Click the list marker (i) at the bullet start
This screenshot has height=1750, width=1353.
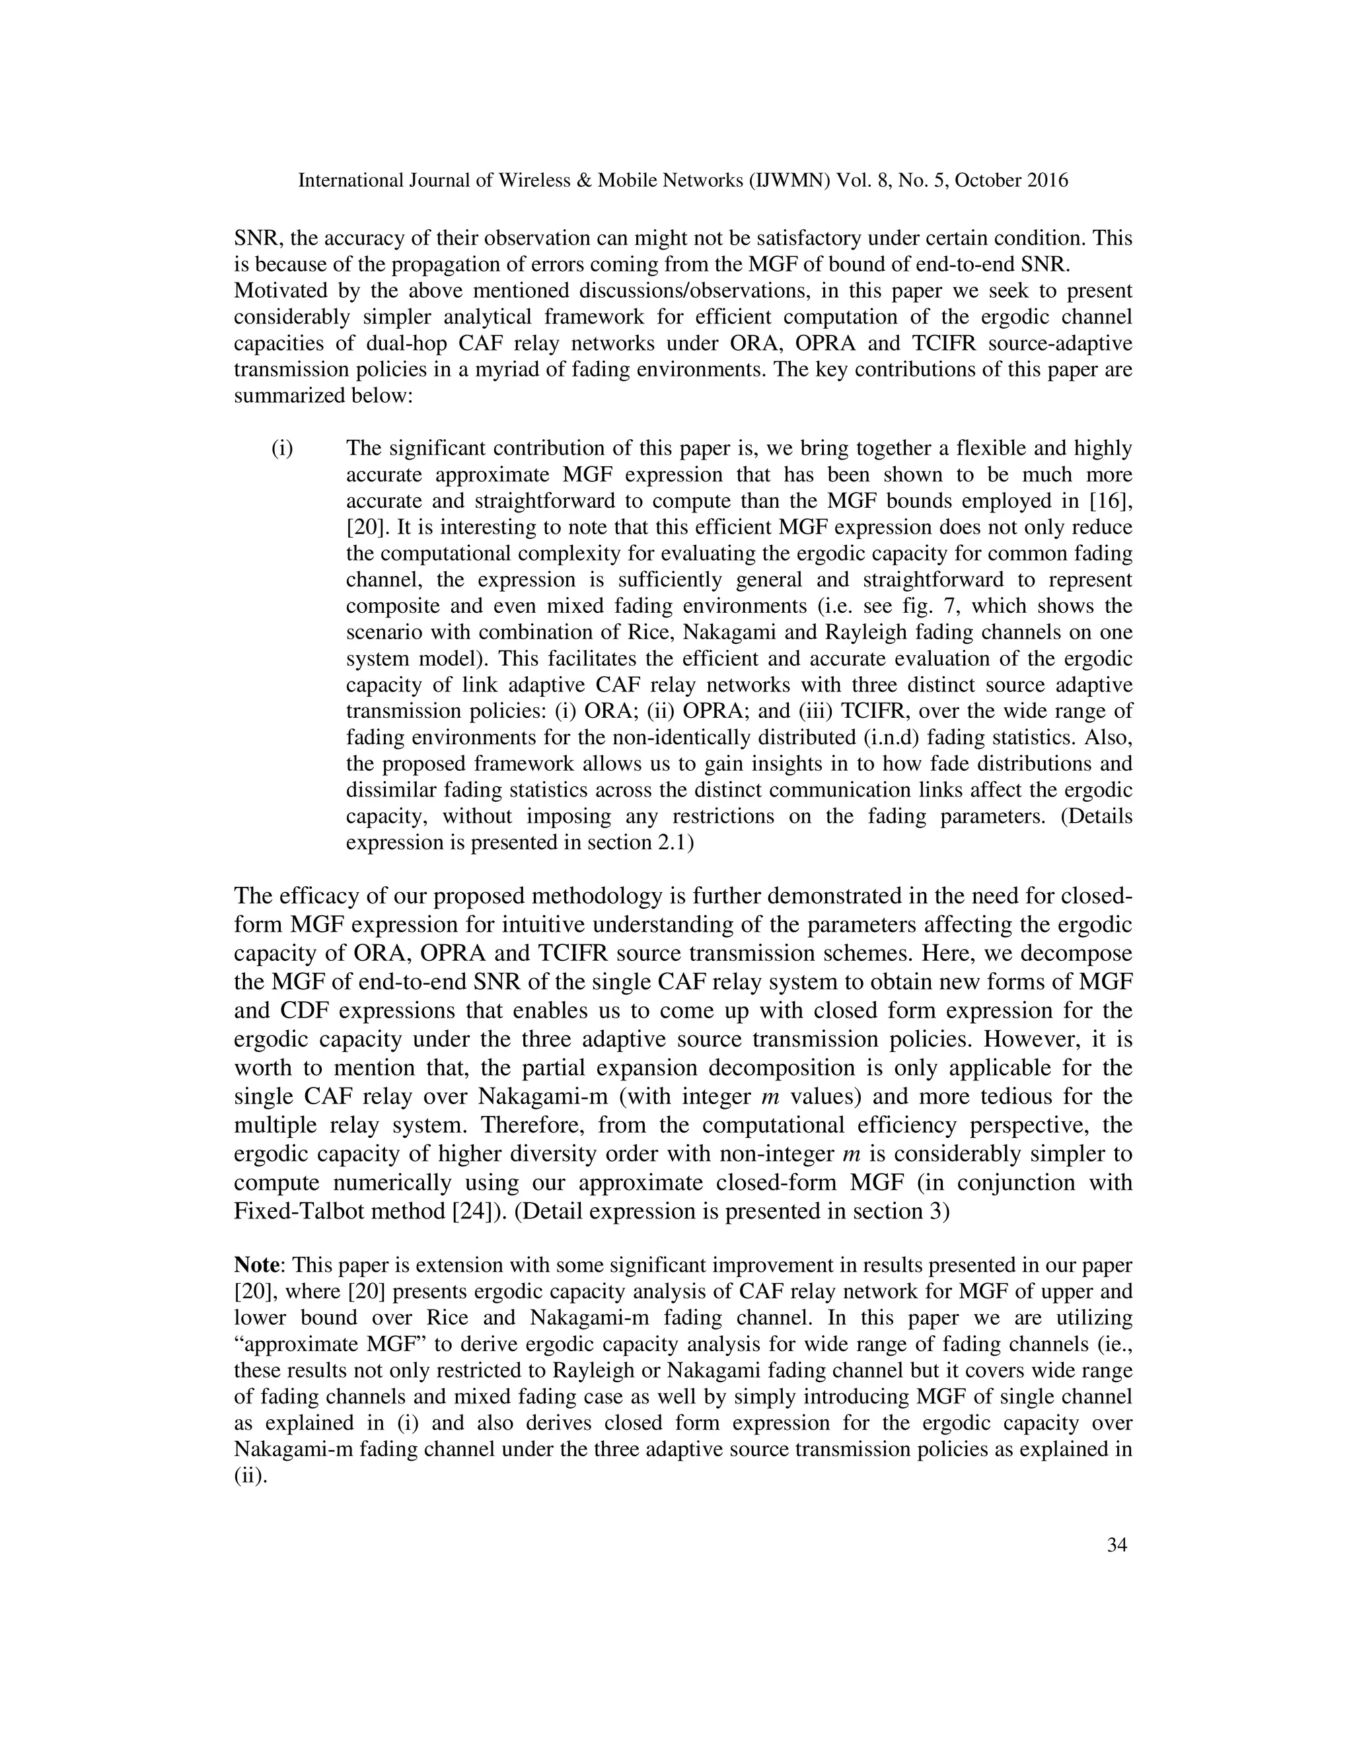tap(282, 448)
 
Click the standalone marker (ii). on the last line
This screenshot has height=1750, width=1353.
tap(249, 1476)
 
